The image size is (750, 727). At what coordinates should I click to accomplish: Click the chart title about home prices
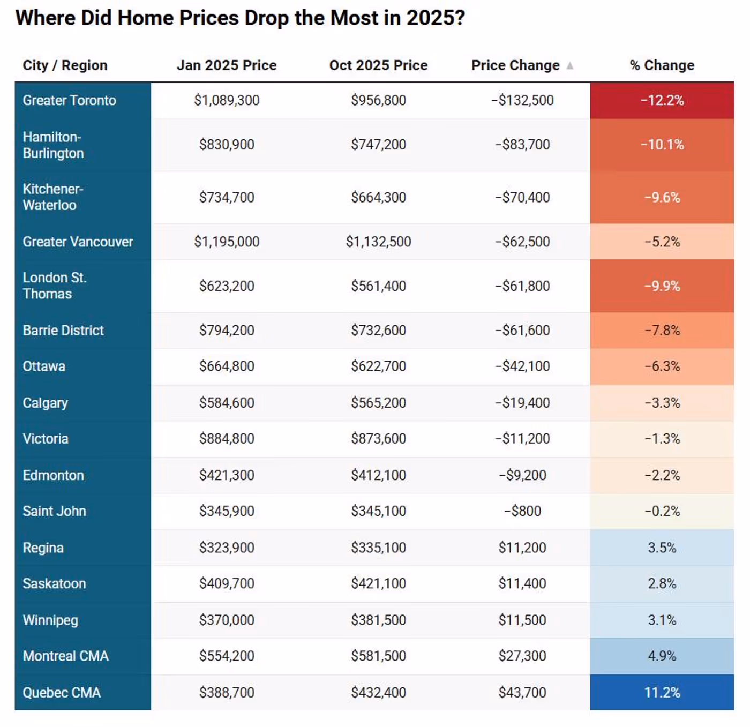point(240,18)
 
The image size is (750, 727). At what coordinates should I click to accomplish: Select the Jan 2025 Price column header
point(227,65)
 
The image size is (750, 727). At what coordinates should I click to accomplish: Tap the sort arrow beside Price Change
point(570,65)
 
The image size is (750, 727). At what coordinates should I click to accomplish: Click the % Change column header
point(662,65)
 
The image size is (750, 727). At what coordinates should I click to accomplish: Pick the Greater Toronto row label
point(70,100)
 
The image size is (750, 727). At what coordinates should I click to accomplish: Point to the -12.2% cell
point(662,100)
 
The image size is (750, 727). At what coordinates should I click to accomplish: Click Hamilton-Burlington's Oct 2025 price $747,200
point(378,145)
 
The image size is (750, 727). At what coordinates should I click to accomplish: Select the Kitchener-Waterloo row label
point(53,197)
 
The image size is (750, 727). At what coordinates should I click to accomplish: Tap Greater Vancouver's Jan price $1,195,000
point(227,242)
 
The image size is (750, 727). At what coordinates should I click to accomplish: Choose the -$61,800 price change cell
point(522,286)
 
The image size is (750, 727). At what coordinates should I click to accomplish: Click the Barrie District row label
point(63,331)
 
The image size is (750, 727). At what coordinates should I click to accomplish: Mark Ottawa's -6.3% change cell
point(662,366)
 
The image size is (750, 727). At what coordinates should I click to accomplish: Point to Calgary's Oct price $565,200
point(378,403)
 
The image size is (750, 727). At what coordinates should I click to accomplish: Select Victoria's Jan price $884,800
point(227,439)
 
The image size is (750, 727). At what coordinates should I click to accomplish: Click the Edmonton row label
point(54,475)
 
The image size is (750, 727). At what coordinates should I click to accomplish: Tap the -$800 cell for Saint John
point(522,511)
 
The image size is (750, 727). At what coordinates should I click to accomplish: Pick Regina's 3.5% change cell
point(662,548)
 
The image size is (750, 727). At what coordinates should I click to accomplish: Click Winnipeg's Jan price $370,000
point(227,620)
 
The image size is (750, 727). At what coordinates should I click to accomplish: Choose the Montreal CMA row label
point(65,656)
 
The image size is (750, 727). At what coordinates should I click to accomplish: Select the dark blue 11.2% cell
point(662,692)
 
